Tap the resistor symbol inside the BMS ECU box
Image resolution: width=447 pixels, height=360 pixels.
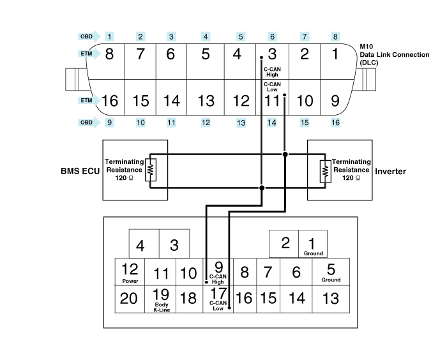pos(151,171)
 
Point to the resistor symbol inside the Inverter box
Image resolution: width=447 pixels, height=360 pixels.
pos(325,171)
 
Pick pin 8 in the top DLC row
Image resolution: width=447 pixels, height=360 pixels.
pos(109,54)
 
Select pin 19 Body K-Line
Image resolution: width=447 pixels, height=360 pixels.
pos(161,298)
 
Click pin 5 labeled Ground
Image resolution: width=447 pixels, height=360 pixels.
pos(331,272)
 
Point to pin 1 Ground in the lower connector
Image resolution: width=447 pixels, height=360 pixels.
pos(312,245)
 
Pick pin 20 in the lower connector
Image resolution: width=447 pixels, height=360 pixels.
pos(130,298)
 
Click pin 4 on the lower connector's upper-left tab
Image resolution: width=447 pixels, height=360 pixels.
pos(140,245)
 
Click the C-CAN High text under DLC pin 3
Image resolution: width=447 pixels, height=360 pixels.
pos(271,72)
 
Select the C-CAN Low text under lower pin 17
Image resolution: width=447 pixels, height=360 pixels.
pos(218,306)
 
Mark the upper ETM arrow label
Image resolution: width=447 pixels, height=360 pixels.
pos(87,55)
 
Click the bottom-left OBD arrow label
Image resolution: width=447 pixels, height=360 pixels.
pos(87,122)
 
